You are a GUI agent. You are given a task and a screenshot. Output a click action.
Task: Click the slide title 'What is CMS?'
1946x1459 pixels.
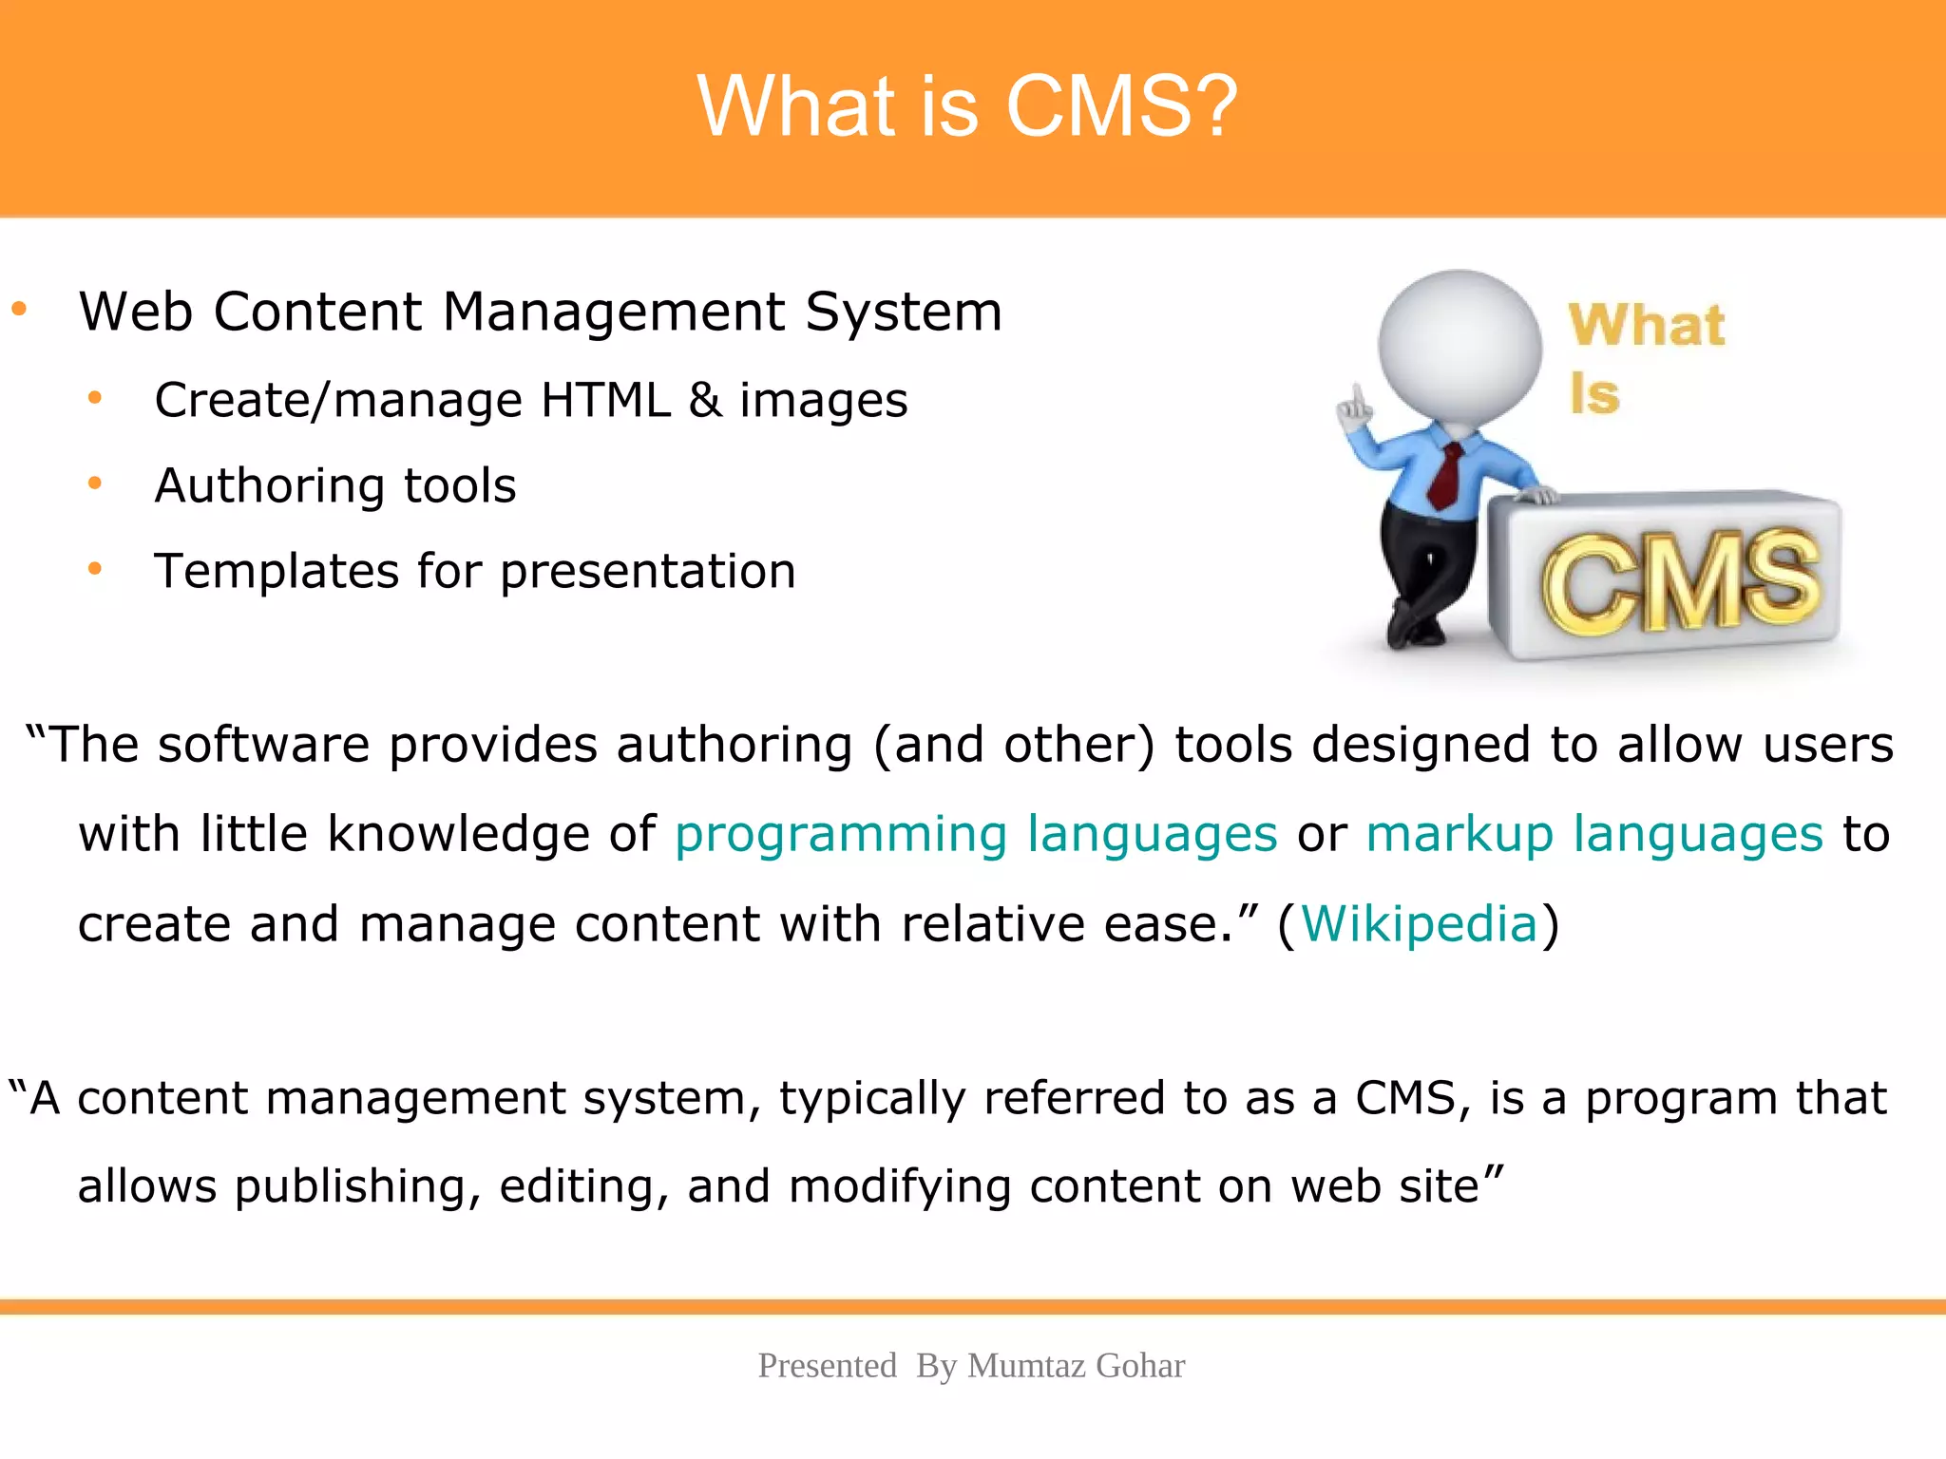pyautogui.click(x=967, y=106)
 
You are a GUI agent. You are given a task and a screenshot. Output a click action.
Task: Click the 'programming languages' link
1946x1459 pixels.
pyautogui.click(x=976, y=835)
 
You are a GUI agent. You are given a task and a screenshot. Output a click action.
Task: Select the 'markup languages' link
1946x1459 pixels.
pyautogui.click(x=1593, y=835)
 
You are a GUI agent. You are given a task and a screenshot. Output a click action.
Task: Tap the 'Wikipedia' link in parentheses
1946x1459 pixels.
pyautogui.click(x=1419, y=924)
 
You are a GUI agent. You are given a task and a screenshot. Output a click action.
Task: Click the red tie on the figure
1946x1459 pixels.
pyautogui.click(x=1446, y=475)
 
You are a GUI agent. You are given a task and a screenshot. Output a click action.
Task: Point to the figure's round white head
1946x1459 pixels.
pyautogui.click(x=1459, y=347)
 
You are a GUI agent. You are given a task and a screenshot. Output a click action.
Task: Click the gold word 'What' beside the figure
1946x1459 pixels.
pyautogui.click(x=1647, y=326)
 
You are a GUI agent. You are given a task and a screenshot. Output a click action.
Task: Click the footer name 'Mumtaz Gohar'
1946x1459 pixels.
pyautogui.click(x=1076, y=1366)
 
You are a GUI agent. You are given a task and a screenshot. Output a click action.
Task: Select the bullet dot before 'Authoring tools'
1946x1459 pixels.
pyautogui.click(x=94, y=484)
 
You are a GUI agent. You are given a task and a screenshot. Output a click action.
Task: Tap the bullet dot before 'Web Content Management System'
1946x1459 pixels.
pyautogui.click(x=19, y=309)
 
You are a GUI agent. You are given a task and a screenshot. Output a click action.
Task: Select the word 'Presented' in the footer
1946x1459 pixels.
pyautogui.click(x=827, y=1366)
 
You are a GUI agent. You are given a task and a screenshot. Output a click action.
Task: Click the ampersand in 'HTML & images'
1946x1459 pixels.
pyautogui.click(x=704, y=400)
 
